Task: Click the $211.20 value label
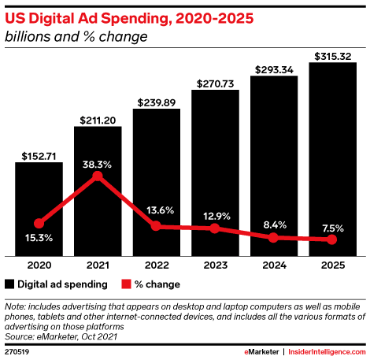(97, 119)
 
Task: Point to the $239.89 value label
(156, 102)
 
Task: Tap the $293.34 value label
(273, 69)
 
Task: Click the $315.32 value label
(331, 55)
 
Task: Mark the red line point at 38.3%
(97, 176)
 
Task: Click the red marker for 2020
(39, 223)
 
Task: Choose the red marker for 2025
(332, 239)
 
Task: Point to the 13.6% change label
(156, 211)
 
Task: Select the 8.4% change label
(273, 223)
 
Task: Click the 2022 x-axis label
(156, 265)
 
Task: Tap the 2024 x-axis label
(273, 265)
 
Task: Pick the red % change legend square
(125, 284)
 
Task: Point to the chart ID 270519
(16, 351)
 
